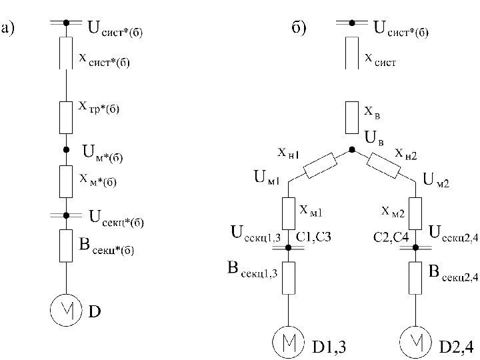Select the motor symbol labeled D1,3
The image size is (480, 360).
289,343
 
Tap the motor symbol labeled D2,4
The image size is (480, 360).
416,343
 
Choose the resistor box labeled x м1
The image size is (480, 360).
289,211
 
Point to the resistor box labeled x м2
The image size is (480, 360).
416,211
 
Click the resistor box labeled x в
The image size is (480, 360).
352,118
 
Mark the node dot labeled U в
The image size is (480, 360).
352,151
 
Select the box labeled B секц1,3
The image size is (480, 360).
289,277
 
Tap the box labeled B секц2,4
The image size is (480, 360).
416,277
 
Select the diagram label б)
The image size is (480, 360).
298,29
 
